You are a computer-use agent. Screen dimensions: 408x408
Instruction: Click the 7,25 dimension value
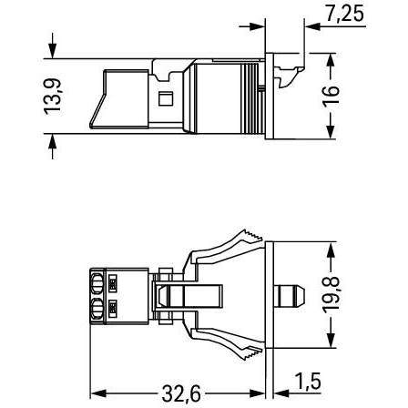[345, 14]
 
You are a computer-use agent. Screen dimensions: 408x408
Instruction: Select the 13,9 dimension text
[53, 97]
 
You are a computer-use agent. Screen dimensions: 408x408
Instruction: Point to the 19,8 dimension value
[331, 295]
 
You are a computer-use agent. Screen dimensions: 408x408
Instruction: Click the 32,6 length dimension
[181, 393]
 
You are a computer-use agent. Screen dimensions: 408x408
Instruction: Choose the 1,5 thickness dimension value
[308, 381]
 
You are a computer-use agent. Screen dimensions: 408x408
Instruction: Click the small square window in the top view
[166, 98]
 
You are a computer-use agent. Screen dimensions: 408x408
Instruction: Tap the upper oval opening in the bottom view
[97, 283]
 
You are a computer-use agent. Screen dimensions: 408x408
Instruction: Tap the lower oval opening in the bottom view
[97, 309]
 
